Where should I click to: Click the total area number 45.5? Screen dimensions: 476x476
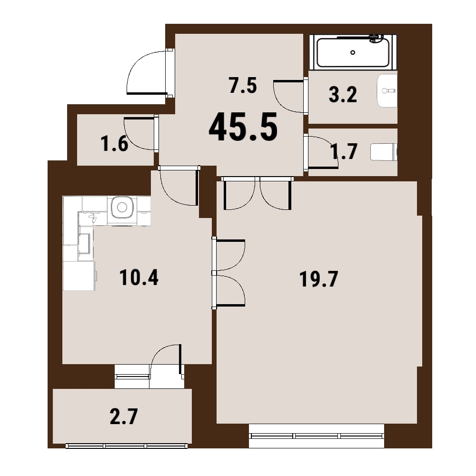point(243,127)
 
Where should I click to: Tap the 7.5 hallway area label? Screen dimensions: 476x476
point(243,86)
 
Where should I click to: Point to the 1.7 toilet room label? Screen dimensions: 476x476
point(344,151)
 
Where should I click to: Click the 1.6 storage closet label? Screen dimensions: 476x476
point(114,144)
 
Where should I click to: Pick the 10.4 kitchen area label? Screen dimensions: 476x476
point(139,278)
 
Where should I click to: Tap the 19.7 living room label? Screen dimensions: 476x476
point(318,279)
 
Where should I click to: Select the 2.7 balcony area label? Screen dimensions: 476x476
point(124,416)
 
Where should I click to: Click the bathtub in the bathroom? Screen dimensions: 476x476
point(353,51)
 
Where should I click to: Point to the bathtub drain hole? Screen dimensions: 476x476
point(353,52)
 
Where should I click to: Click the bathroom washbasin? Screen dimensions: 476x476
point(387,90)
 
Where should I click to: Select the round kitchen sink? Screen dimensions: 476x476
point(122,208)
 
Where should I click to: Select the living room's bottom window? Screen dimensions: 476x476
point(317,436)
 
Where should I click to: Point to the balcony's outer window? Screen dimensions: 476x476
point(127,446)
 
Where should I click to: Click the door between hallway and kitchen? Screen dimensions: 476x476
point(179,186)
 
